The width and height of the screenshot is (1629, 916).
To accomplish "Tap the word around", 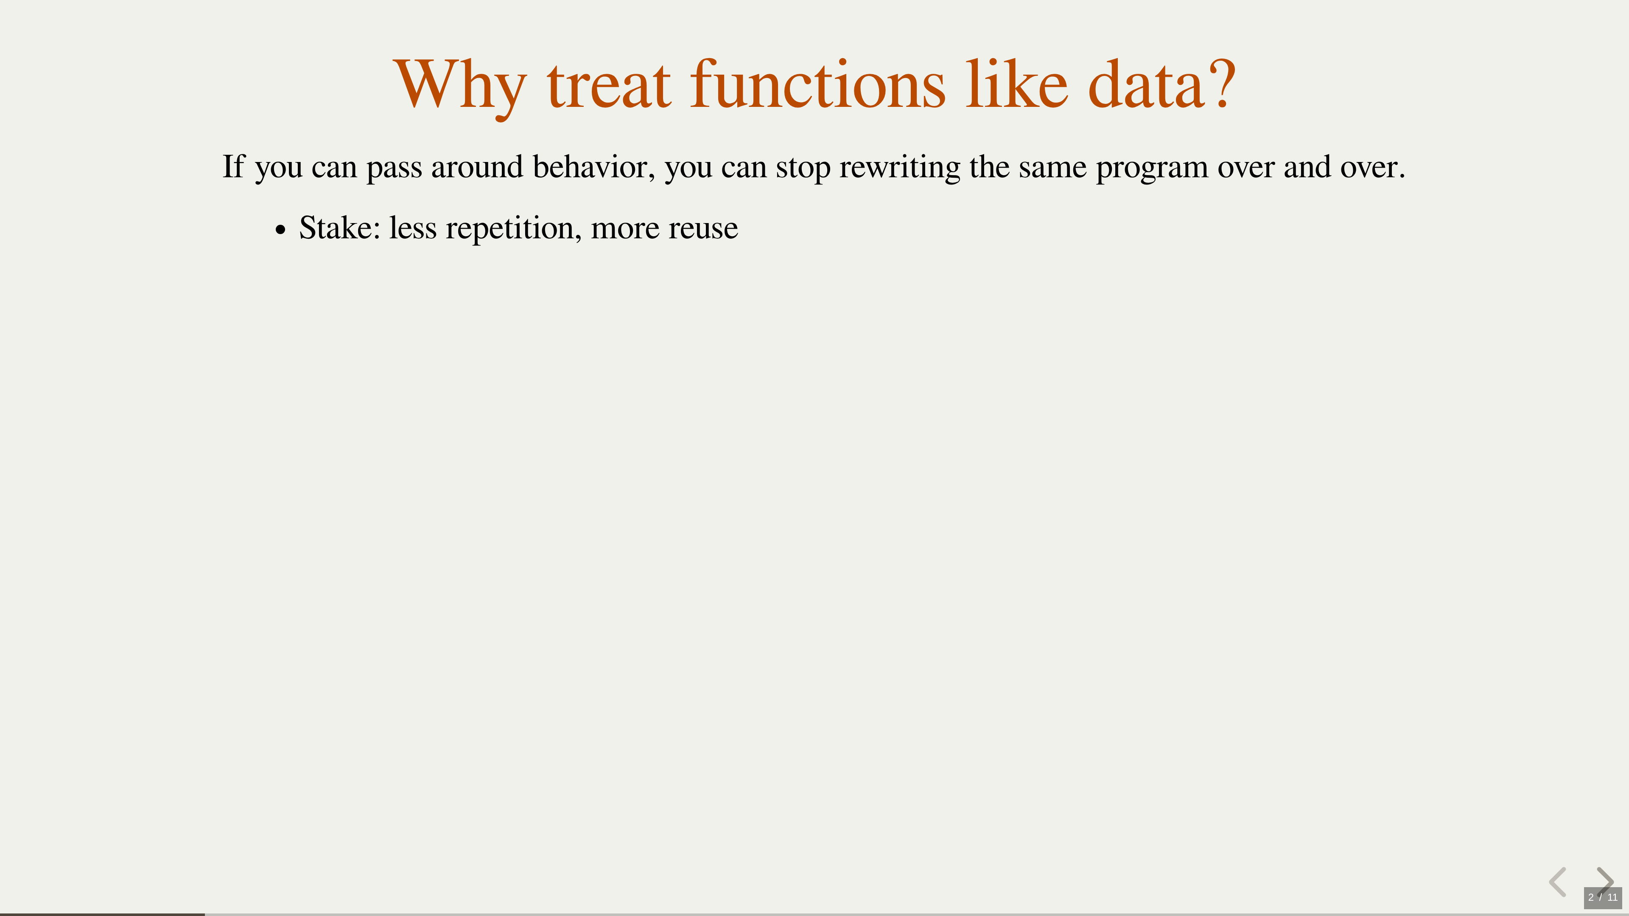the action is click(477, 167).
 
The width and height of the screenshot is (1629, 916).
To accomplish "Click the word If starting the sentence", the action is click(233, 166).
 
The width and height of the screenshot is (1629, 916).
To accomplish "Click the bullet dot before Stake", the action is click(281, 231).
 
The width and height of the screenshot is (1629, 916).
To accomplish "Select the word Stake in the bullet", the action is click(339, 228).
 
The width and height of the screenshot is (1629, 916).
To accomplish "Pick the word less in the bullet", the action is click(413, 228).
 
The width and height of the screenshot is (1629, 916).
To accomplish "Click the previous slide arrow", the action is click(1558, 882).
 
